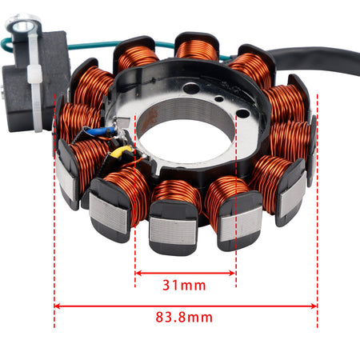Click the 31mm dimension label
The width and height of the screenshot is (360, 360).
184,286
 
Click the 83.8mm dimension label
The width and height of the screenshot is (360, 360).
184,318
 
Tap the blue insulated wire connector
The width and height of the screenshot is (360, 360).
102,131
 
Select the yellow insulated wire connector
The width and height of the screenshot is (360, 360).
121,152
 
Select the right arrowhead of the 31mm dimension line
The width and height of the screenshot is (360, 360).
233,273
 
